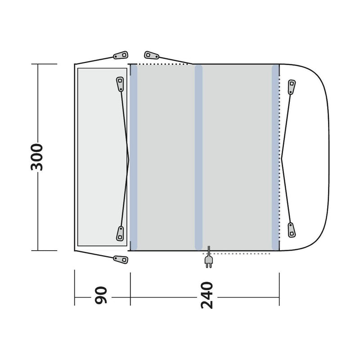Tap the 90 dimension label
coord(102,296)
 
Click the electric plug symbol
coord(208,261)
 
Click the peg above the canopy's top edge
coord(119,55)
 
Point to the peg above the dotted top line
coord(151,55)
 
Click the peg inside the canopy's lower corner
coord(120,233)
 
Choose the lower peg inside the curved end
coord(292,229)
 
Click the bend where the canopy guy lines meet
coord(129,157)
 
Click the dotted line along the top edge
coord(162,64)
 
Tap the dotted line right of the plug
coord(243,254)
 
